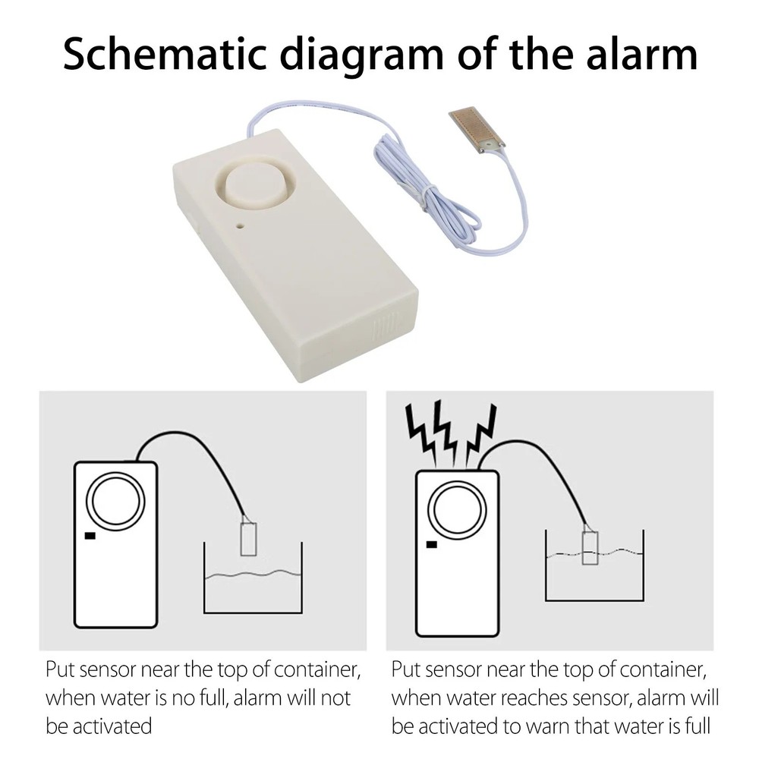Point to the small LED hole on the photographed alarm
(x=240, y=225)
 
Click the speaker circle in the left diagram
(x=115, y=502)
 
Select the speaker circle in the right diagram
(x=457, y=510)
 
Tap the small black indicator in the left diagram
(x=90, y=537)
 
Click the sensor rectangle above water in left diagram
(x=247, y=540)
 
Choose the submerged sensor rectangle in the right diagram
(x=590, y=547)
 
